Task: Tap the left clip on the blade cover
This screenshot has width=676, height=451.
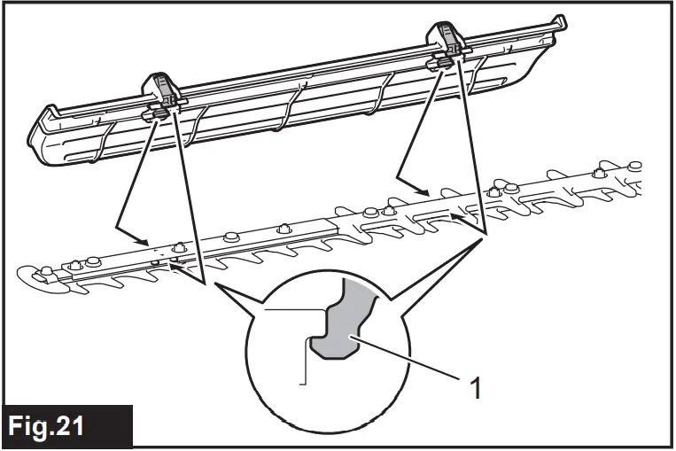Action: click(x=160, y=101)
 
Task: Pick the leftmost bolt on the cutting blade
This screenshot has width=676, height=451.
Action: click(x=75, y=262)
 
